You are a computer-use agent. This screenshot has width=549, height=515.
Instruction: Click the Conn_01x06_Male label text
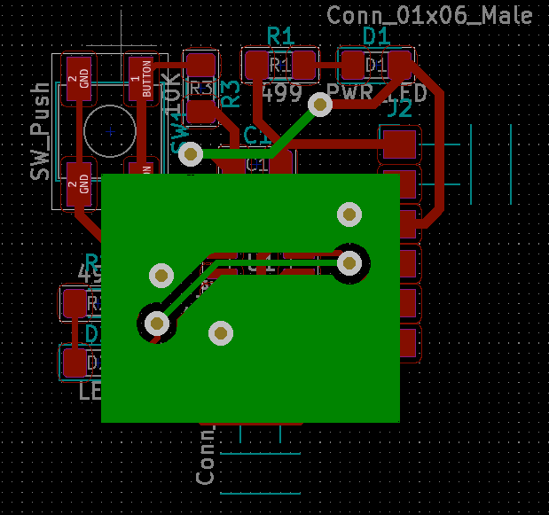tap(430, 15)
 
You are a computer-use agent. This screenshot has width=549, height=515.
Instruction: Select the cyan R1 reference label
tap(280, 36)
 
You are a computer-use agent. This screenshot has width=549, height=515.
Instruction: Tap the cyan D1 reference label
tap(377, 36)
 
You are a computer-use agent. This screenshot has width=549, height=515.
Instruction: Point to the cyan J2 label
tap(399, 109)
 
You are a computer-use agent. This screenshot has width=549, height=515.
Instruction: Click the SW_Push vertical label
tap(40, 132)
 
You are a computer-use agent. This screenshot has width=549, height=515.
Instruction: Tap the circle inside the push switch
tap(110, 131)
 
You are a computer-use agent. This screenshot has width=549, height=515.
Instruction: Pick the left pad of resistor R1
tap(256, 64)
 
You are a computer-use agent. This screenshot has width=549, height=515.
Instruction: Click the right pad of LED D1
tap(400, 64)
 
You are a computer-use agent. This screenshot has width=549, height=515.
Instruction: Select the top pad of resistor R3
tap(201, 66)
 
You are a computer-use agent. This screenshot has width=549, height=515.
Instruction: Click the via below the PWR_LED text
tap(319, 105)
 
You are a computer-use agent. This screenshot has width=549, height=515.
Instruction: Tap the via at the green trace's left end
tap(190, 154)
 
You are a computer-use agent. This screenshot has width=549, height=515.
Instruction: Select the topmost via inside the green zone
tap(349, 214)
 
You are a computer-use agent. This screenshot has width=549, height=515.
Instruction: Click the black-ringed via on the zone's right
tap(349, 262)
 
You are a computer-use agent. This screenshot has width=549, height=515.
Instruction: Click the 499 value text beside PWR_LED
tap(284, 94)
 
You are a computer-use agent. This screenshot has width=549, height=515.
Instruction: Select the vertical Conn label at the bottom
tap(206, 456)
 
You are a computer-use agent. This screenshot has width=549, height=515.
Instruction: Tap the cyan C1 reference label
tap(257, 136)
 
